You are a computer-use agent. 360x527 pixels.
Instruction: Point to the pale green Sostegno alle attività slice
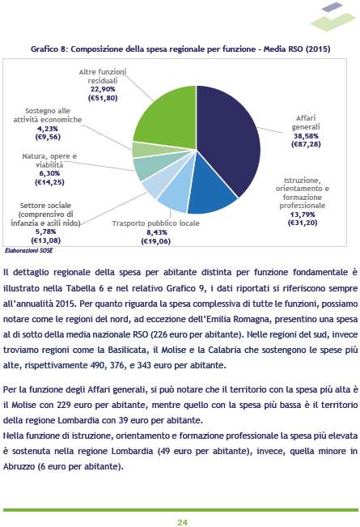click(x=148, y=150)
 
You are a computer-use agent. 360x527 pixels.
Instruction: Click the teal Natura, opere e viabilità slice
click(x=151, y=167)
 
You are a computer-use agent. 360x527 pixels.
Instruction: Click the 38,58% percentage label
click(x=306, y=136)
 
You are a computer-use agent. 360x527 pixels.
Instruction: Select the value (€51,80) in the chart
click(x=103, y=98)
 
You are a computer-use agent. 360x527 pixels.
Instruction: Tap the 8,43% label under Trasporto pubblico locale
click(x=157, y=232)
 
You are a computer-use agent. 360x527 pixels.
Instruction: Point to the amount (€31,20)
click(x=303, y=223)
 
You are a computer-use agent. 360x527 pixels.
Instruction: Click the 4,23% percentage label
click(x=48, y=129)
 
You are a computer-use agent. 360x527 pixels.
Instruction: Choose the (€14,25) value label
click(x=49, y=182)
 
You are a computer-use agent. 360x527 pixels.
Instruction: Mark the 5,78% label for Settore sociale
click(x=45, y=232)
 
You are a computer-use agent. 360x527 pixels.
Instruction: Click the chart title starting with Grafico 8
click(x=180, y=49)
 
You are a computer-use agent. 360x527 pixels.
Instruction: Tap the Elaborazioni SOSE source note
click(x=29, y=250)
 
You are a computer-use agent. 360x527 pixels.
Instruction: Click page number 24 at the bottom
click(x=182, y=522)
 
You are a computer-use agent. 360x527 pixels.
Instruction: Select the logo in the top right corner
click(x=332, y=16)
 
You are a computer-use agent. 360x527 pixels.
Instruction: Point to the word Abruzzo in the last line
click(x=19, y=466)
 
